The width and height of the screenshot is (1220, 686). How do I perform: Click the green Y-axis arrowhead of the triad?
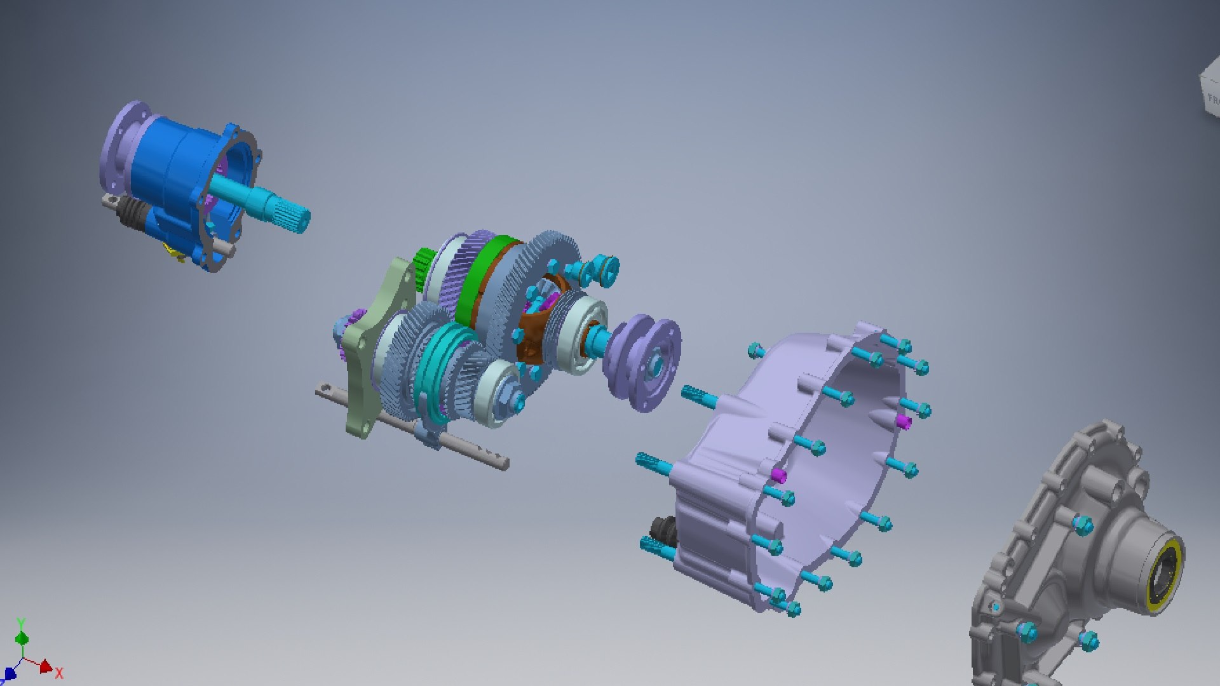[x=22, y=638]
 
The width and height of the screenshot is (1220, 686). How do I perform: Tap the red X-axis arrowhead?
[x=46, y=667]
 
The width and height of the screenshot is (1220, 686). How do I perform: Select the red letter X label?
[x=59, y=673]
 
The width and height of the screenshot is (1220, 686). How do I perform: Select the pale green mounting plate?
[x=369, y=356]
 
